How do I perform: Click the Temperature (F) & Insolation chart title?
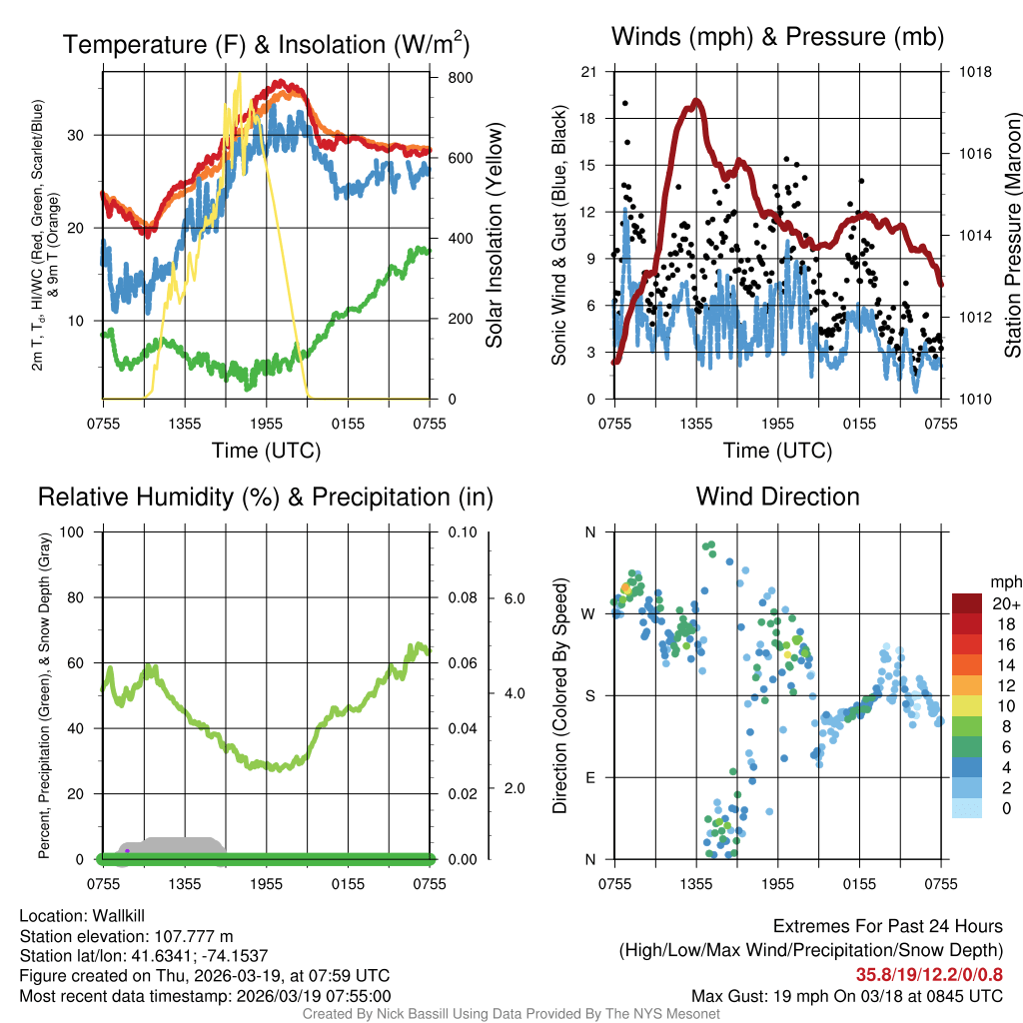tap(266, 44)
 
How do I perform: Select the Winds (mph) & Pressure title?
tap(777, 37)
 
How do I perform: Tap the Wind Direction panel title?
tap(777, 497)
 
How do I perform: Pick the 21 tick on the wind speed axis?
tap(588, 72)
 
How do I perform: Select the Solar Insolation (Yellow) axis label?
tap(495, 235)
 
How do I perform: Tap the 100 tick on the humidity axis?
tap(72, 531)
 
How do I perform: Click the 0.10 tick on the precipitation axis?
tap(461, 531)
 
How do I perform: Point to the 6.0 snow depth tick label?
tap(512, 598)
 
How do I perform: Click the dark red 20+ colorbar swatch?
tap(967, 603)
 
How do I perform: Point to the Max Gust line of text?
tap(847, 996)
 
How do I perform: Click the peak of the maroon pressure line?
tap(696, 101)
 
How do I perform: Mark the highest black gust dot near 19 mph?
tap(625, 103)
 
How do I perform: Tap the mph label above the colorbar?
tap(1003, 582)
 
